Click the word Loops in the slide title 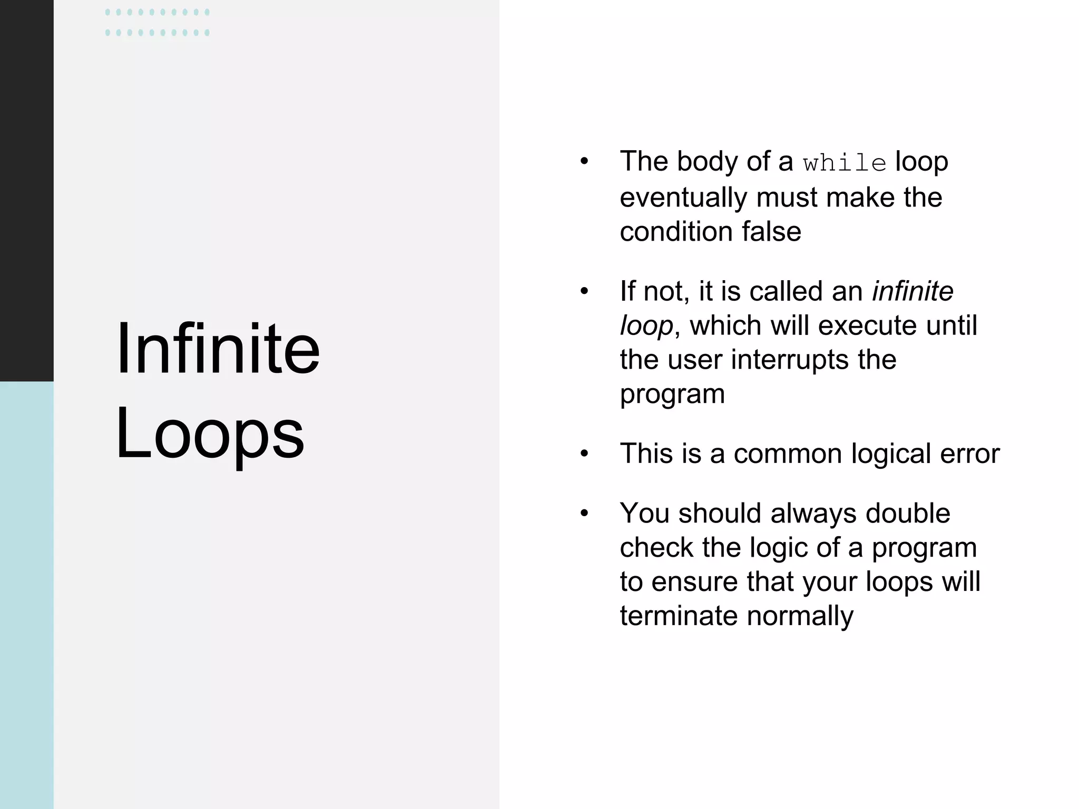pyautogui.click(x=210, y=435)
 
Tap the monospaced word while pyautogui.click(x=845, y=163)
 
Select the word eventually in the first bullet pyautogui.click(x=683, y=198)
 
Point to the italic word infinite pyautogui.click(x=913, y=291)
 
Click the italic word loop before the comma pyautogui.click(x=646, y=326)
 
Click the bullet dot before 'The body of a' pyautogui.click(x=584, y=162)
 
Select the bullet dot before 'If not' pyautogui.click(x=584, y=292)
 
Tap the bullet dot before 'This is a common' pyautogui.click(x=584, y=454)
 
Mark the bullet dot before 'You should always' pyautogui.click(x=584, y=514)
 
